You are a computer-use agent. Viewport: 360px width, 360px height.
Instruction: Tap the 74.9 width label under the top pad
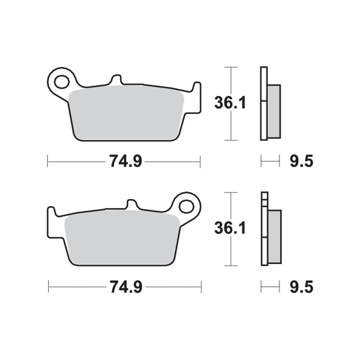(124, 161)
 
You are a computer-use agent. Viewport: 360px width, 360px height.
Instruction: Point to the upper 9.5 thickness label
(301, 161)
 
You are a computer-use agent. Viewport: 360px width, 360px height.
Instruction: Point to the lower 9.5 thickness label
(301, 287)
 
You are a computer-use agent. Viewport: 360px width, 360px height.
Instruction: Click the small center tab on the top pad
(115, 80)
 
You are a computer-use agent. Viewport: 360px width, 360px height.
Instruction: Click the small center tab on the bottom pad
(132, 205)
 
